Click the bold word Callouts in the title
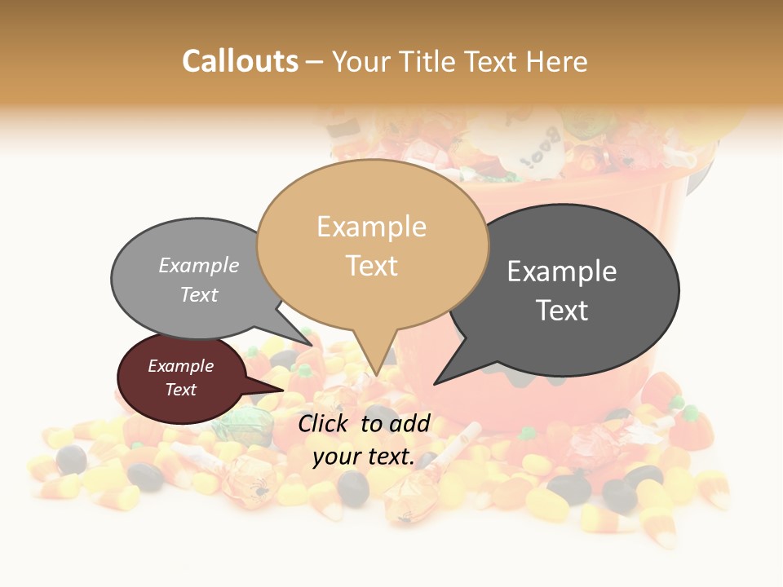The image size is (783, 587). click(240, 61)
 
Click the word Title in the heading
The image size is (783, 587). click(431, 61)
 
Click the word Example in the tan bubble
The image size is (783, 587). click(371, 227)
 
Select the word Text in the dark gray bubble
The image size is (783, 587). click(563, 311)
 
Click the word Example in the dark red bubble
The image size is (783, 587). click(180, 366)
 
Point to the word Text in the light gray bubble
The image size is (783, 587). click(199, 295)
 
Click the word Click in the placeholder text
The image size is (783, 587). click(325, 423)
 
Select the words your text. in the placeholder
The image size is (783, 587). click(363, 457)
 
